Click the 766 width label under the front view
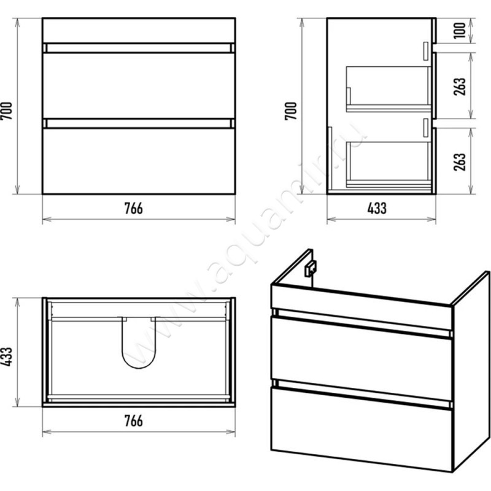click(x=133, y=208)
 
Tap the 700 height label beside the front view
click(x=6, y=111)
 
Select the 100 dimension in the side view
click(x=460, y=30)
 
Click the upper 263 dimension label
click(x=460, y=86)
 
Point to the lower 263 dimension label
click(x=460, y=161)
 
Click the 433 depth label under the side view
click(x=377, y=208)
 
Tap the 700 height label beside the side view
click(x=290, y=111)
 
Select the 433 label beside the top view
click(x=6, y=357)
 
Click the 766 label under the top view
click(x=133, y=421)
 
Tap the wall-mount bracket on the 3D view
click(x=311, y=268)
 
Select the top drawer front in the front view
click(x=139, y=85)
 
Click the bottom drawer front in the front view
click(x=139, y=161)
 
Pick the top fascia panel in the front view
click(x=139, y=31)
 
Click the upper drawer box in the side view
click(x=389, y=89)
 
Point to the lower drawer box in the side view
click(x=389, y=164)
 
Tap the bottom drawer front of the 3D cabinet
click(x=361, y=429)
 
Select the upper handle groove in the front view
click(x=139, y=48)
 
